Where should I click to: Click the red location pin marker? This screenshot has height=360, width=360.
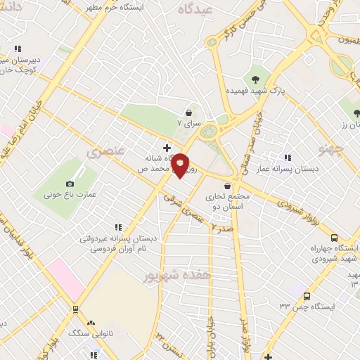point(181,165)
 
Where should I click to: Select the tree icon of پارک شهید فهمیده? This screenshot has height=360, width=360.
point(255,79)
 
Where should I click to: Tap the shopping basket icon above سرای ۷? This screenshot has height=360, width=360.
point(188,112)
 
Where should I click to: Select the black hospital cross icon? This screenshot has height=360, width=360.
point(167,148)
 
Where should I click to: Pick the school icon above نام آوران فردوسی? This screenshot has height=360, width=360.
point(118,226)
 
